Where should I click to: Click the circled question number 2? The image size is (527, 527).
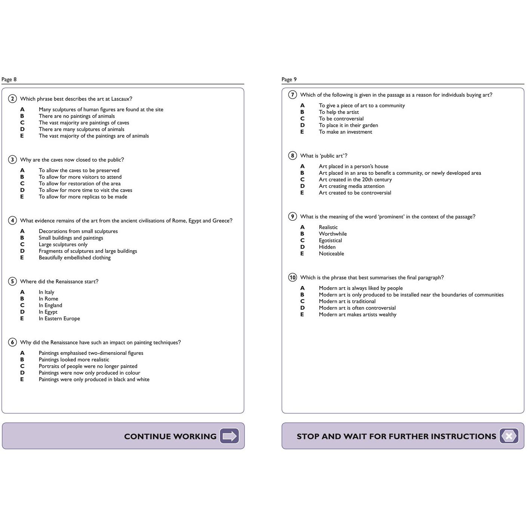(x=12, y=99)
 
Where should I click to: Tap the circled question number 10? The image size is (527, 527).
(x=292, y=278)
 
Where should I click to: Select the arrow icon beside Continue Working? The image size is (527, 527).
(x=229, y=436)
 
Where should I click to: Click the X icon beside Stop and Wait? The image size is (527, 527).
(x=509, y=436)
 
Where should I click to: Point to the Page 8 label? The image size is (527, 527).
(x=9, y=79)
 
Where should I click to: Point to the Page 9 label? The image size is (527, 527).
(x=289, y=79)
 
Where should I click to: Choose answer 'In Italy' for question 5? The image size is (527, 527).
(x=46, y=292)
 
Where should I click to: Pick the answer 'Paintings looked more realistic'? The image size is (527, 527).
(x=74, y=360)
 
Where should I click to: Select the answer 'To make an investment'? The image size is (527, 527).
(x=345, y=132)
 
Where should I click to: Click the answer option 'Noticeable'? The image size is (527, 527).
(x=331, y=254)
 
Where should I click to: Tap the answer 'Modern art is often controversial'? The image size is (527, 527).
(x=357, y=308)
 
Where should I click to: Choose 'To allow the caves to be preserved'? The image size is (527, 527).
(x=79, y=170)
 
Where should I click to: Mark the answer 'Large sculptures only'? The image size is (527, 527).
(x=63, y=244)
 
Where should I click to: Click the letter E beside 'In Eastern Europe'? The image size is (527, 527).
(x=22, y=319)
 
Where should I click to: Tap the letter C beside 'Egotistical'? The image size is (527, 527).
(x=302, y=241)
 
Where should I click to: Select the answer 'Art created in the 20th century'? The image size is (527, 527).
(x=355, y=180)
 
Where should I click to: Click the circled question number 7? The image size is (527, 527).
(x=292, y=95)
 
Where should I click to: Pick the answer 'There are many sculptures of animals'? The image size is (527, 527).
(x=81, y=129)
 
